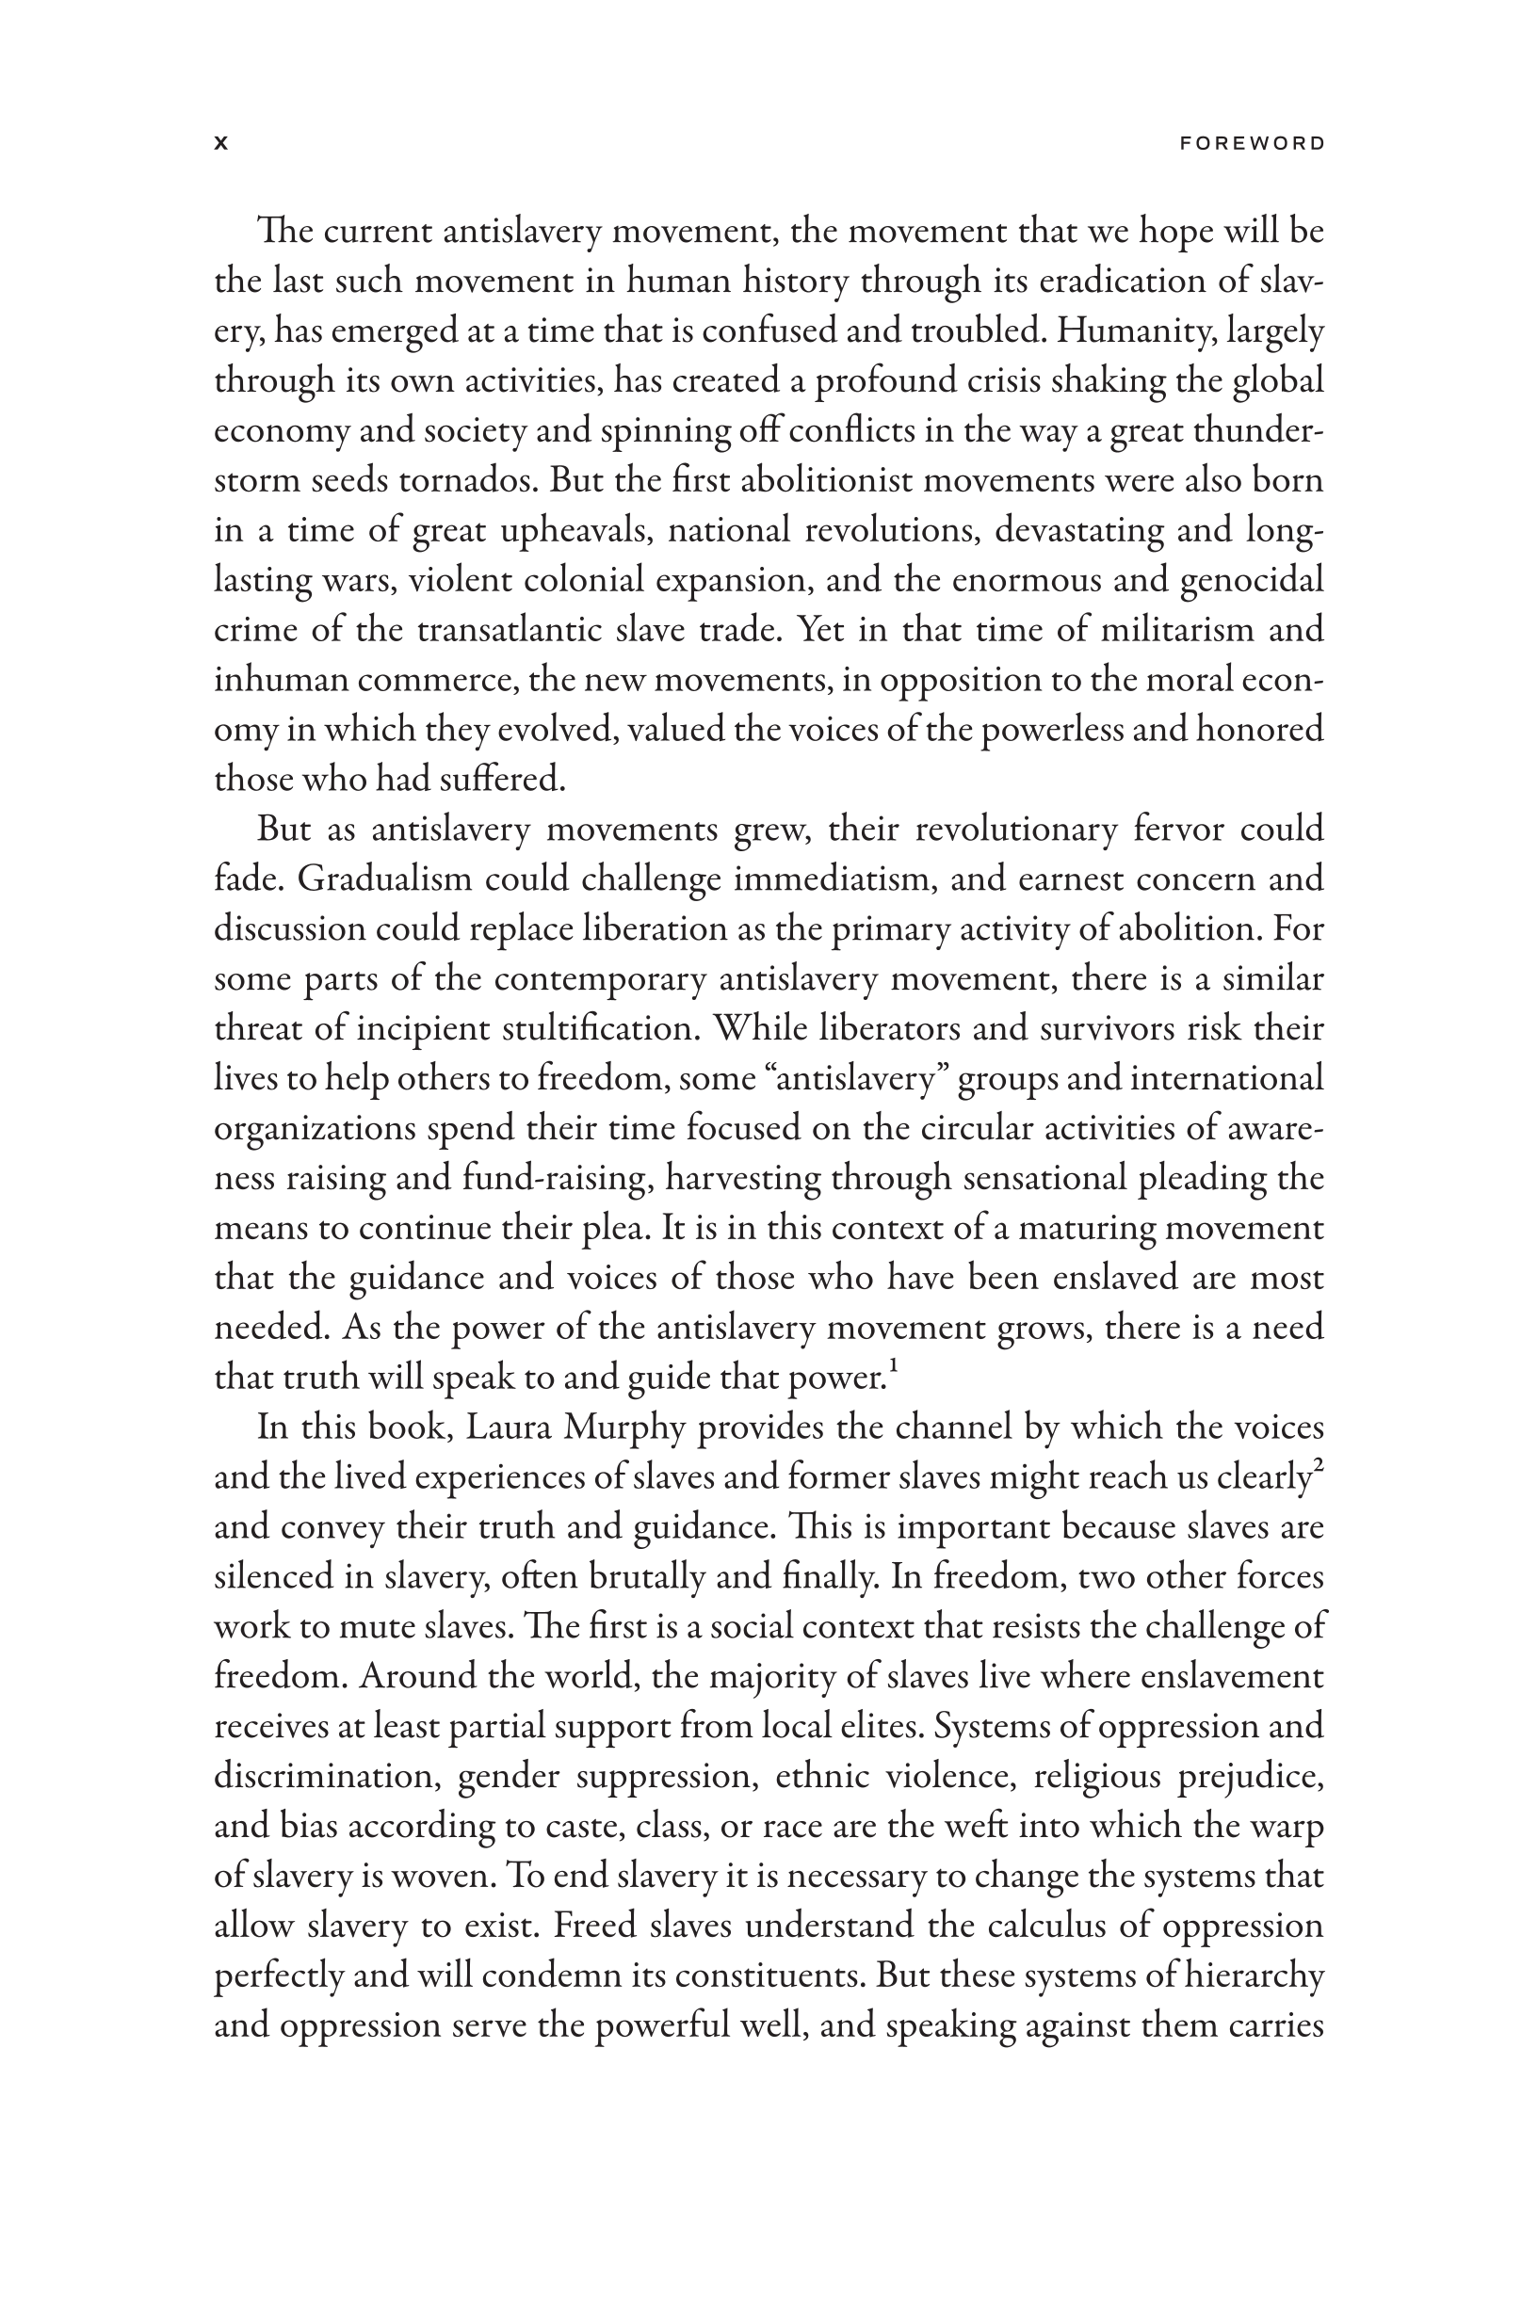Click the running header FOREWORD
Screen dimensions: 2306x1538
coord(1252,144)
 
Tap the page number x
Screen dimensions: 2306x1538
coord(221,144)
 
